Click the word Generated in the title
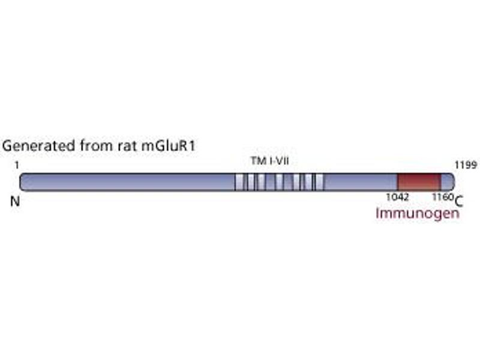pos(39,145)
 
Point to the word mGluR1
pos(168,146)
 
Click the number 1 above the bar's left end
pos(17,166)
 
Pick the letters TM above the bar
pos(257,161)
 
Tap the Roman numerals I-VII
pos(277,161)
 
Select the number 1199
pos(466,166)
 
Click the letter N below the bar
pos(15,202)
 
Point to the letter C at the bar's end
pos(458,202)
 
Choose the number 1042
pos(397,197)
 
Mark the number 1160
pos(443,197)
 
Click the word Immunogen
pos(418,214)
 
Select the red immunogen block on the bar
pos(419,182)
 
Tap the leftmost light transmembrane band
pos(239,182)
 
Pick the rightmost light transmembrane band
pos(319,182)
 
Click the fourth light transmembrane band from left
pos(279,182)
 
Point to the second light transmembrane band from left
pos(251,182)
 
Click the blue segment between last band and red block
pos(361,182)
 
